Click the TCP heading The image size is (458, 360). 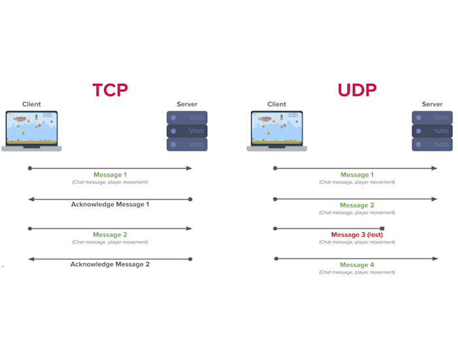pos(110,90)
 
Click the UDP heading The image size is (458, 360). pos(357,90)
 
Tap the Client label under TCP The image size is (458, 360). pos(31,104)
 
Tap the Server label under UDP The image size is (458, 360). pos(432,104)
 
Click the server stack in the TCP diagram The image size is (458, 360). pos(186,131)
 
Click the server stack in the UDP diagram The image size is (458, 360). pos(432,131)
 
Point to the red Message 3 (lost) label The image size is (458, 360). pos(357,235)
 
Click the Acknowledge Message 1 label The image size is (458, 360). pos(110,204)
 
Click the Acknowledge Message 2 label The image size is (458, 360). pos(110,264)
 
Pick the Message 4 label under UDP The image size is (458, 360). pos(357,265)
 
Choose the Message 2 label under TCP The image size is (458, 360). pos(110,234)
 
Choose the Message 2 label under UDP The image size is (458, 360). pos(357,205)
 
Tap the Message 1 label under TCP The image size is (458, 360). pos(110,175)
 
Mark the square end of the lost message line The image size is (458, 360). pos(382,228)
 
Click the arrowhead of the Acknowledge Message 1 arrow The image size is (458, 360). pos(31,199)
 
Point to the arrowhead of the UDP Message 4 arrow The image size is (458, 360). pos(435,259)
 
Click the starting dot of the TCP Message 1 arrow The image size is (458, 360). pos(29,168)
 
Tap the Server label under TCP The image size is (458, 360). pos(186,104)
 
